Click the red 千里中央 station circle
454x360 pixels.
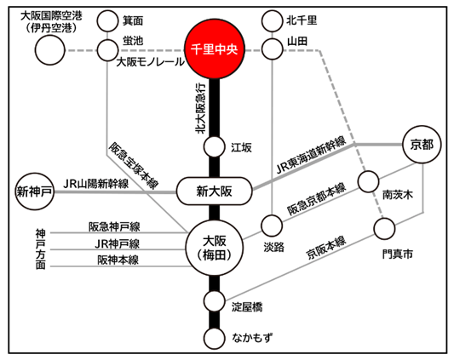coord(215,49)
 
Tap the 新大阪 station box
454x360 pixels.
coord(215,191)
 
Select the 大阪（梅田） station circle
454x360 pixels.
coord(215,248)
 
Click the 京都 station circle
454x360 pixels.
coord(422,145)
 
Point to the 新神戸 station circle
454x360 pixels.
coord(35,191)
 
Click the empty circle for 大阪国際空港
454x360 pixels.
coord(49,50)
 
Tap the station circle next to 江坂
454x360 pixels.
coord(215,147)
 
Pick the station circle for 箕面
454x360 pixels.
coord(107,20)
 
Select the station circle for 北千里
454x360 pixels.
coord(273,20)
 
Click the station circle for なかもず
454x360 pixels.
coord(215,338)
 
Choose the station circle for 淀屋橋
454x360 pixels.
coord(215,301)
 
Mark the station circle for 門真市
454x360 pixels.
coord(384,229)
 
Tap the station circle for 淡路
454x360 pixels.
coord(272,226)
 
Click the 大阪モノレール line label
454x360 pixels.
coord(150,62)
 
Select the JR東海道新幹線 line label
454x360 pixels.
coord(311,155)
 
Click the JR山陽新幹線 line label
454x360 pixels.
coord(95,184)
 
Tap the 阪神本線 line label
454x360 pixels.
coord(118,260)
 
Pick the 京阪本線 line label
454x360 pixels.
coord(326,249)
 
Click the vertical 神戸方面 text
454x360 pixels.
coord(41,249)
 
